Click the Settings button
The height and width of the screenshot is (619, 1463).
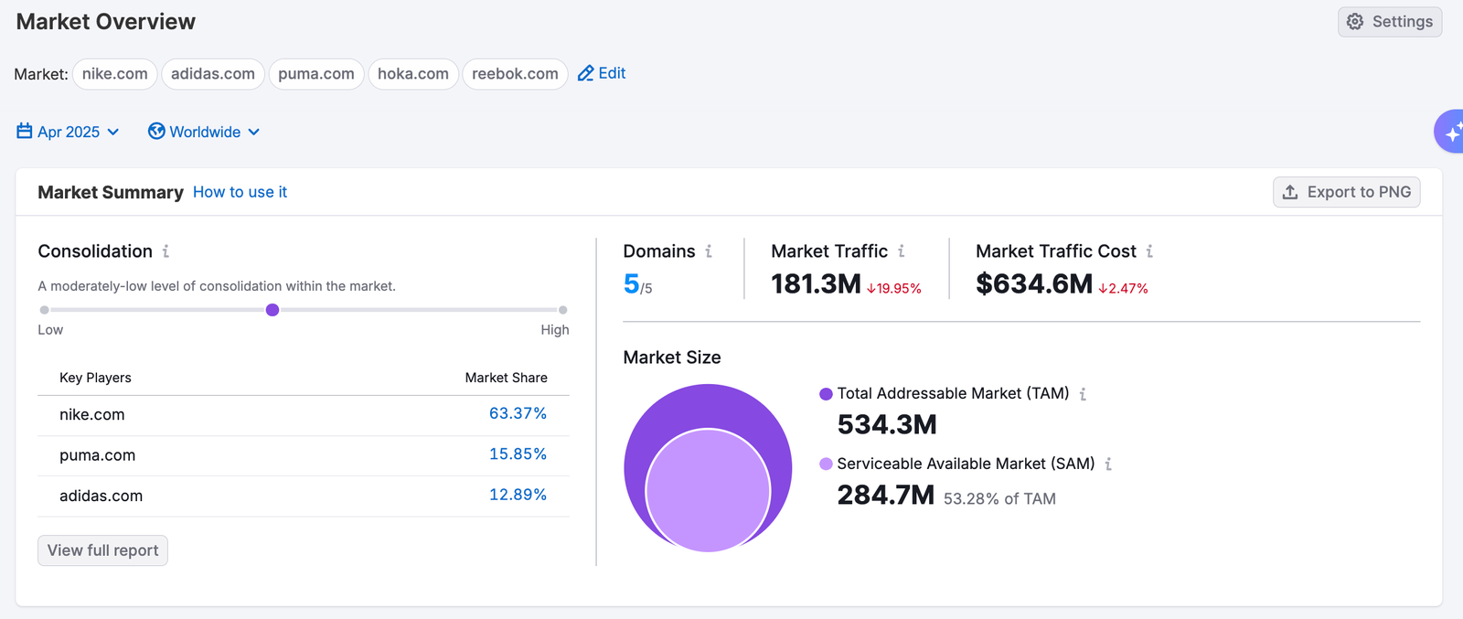pos(1390,22)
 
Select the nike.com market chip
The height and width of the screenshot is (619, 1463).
pos(114,74)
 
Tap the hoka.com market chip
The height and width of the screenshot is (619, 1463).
pos(412,74)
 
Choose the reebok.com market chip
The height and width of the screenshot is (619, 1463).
pos(515,74)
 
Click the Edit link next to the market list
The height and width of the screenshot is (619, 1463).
pos(602,73)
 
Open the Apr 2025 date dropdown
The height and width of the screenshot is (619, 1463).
pos(69,132)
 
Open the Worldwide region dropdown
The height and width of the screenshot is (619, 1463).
pos(204,132)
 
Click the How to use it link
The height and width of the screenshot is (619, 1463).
pos(240,192)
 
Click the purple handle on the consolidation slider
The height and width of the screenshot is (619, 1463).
pos(272,310)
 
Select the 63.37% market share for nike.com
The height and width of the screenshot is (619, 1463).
pos(518,414)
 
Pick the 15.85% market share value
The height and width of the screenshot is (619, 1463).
pos(518,454)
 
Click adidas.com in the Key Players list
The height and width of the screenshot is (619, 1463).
pos(101,496)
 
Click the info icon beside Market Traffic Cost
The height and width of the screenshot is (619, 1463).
pos(1149,251)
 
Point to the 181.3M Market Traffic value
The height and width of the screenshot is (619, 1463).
pos(816,284)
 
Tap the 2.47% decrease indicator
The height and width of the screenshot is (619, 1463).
pos(1123,289)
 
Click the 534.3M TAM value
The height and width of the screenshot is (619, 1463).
pos(887,424)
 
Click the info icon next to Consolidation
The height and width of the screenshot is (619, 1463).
pos(166,251)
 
